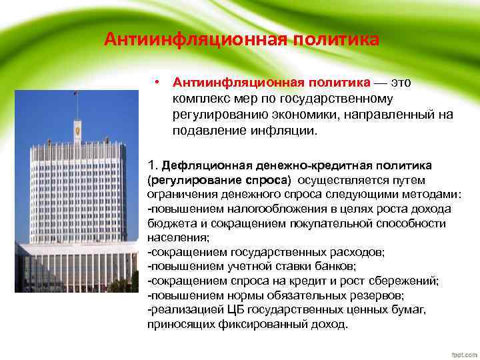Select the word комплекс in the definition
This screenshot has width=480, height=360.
[x=201, y=99]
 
